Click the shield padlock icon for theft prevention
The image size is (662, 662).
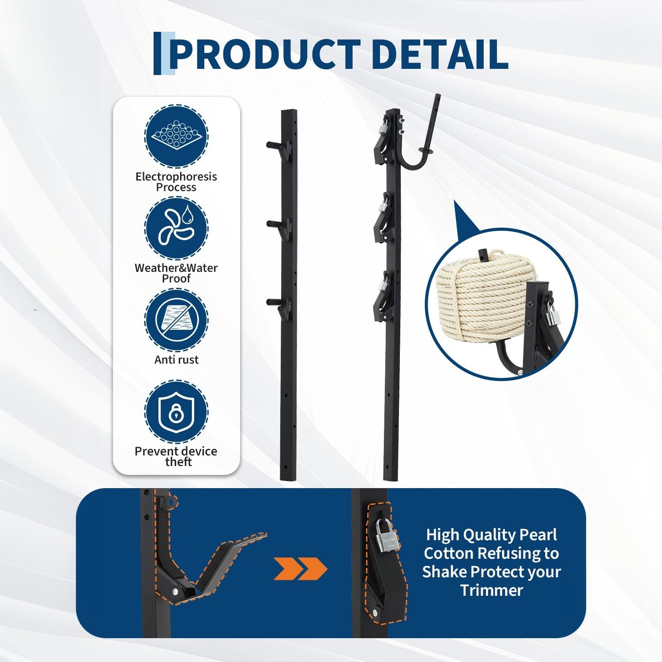pyautogui.click(x=176, y=411)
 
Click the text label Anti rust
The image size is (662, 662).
pyautogui.click(x=177, y=360)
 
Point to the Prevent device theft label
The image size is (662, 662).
pyautogui.click(x=176, y=456)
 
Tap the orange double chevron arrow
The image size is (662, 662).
pyautogui.click(x=300, y=569)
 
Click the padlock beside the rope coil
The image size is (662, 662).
pyautogui.click(x=552, y=311)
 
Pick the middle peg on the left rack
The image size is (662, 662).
pyautogui.click(x=276, y=226)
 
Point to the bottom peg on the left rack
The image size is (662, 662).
pyautogui.click(x=276, y=303)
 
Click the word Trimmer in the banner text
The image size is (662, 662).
pyautogui.click(x=492, y=590)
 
